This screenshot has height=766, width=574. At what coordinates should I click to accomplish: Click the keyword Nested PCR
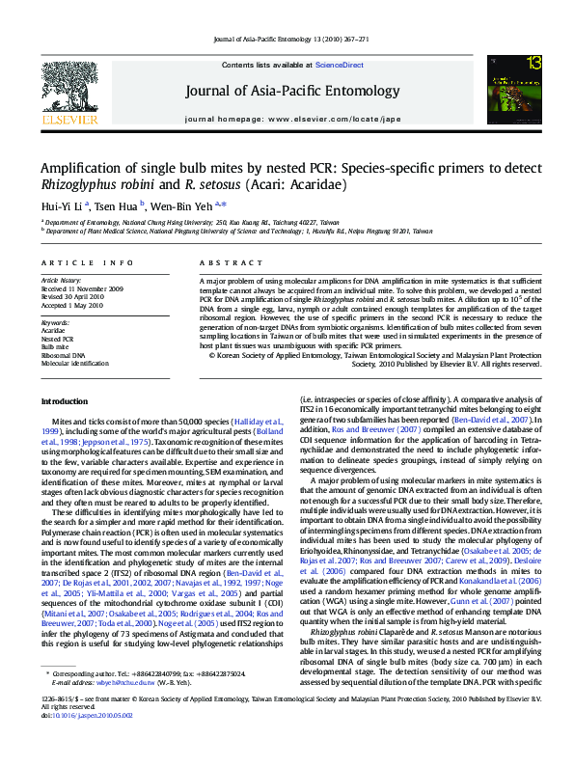pyautogui.click(x=57, y=339)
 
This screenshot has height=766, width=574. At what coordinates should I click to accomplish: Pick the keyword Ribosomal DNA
pyautogui.click(x=62, y=354)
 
